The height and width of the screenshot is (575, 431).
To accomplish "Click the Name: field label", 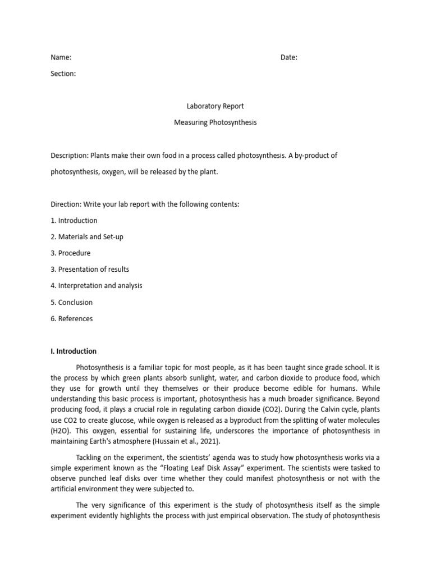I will (x=61, y=57).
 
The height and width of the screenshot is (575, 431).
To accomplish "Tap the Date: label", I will (x=288, y=57).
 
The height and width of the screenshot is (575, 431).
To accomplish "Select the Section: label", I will (x=63, y=74).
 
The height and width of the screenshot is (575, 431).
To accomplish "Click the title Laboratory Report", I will (x=215, y=106).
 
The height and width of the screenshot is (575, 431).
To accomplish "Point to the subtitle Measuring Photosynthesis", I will (x=215, y=122).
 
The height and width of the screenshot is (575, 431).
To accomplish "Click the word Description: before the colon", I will (x=70, y=156).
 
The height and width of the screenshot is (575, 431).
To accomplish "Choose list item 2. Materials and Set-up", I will (x=86, y=237).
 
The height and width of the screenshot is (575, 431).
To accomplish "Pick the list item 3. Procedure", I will (x=70, y=253).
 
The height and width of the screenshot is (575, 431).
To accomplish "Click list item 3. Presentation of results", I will (x=89, y=270).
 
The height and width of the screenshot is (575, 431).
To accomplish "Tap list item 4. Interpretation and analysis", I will (x=96, y=286).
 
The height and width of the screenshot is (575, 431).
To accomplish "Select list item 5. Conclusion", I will (x=71, y=302).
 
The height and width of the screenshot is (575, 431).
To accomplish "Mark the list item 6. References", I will (x=71, y=318).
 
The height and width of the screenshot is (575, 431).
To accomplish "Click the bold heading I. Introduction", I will (x=73, y=352).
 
